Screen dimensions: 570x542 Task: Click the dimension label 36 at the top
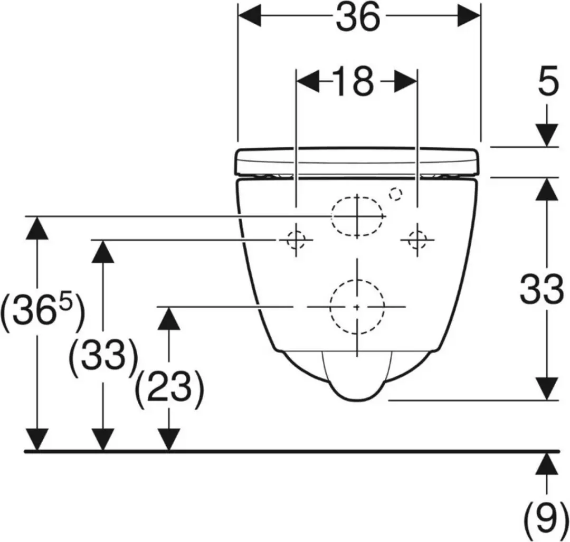pyautogui.click(x=358, y=17)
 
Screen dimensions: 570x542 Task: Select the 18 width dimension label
pyautogui.click(x=353, y=81)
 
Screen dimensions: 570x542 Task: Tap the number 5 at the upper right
pyautogui.click(x=548, y=81)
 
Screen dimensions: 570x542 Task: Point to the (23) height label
pyautogui.click(x=169, y=389)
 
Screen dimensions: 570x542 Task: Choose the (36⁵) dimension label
pyautogui.click(x=43, y=311)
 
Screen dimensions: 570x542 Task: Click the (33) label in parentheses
pyautogui.click(x=103, y=356)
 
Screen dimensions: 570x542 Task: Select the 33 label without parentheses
pyautogui.click(x=541, y=289)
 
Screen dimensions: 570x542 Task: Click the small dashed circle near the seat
pyautogui.click(x=395, y=194)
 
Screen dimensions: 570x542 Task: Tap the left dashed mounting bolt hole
pyautogui.click(x=296, y=240)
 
